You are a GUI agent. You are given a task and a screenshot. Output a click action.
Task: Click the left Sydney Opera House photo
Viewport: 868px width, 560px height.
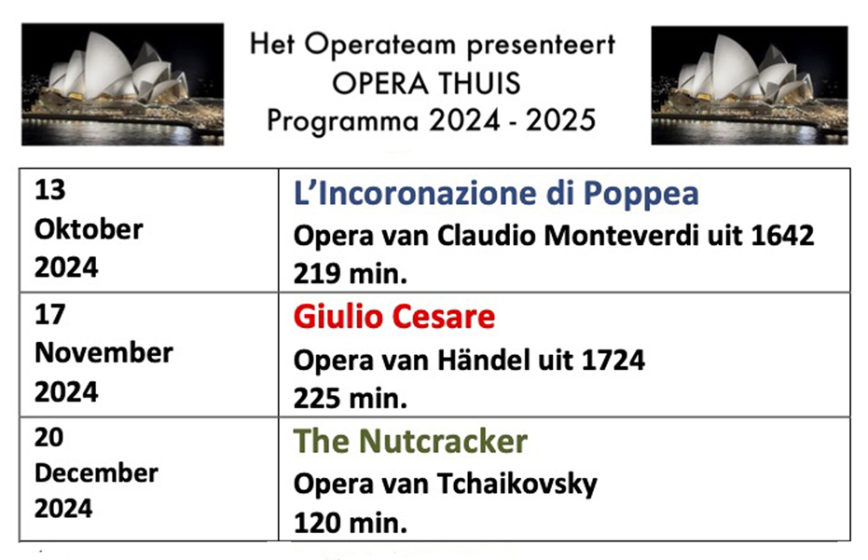click(x=122, y=84)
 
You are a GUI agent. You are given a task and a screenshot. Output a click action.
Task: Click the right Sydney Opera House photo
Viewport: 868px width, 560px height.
click(x=750, y=85)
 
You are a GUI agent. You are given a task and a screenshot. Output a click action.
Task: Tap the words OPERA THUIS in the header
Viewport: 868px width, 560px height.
click(x=426, y=84)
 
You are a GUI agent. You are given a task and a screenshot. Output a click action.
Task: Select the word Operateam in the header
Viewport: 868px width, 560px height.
click(x=380, y=46)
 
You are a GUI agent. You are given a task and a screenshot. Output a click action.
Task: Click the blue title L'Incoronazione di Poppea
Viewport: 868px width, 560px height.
click(x=496, y=193)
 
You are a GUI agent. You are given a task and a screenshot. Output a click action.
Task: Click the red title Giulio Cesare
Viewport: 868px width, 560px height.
click(x=394, y=317)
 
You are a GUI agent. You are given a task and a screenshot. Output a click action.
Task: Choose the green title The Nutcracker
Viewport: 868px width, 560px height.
click(x=410, y=441)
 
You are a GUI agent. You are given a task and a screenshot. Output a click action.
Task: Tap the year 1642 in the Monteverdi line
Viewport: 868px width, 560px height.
click(x=782, y=236)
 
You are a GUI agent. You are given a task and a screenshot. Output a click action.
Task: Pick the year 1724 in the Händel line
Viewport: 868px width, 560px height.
click(x=613, y=361)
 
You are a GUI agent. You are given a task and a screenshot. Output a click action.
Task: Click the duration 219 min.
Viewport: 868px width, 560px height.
click(x=351, y=273)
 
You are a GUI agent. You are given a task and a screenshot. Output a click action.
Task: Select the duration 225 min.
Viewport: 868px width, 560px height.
click(x=351, y=398)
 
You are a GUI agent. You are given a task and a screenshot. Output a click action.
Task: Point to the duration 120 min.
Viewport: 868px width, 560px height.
click(x=351, y=523)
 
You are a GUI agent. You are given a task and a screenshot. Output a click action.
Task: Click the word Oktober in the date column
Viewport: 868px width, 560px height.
click(x=89, y=229)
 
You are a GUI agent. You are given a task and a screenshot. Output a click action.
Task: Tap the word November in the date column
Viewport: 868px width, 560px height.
click(x=103, y=353)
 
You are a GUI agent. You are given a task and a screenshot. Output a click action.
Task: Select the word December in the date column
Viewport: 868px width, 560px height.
click(x=96, y=473)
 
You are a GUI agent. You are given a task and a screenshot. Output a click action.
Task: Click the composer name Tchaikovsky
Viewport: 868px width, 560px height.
click(x=517, y=485)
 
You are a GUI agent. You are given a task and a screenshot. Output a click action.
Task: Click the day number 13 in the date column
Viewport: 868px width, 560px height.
click(x=49, y=190)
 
